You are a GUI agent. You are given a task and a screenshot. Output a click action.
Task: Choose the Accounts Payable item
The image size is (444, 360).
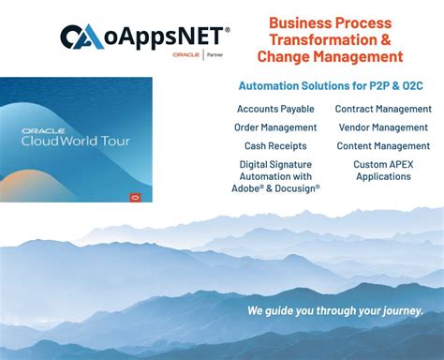click(x=276, y=109)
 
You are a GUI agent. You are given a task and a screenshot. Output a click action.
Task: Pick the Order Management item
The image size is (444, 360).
click(x=276, y=127)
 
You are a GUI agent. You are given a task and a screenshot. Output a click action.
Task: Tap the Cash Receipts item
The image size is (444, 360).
click(x=276, y=146)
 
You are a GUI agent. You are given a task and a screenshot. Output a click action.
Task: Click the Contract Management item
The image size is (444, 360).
click(x=383, y=109)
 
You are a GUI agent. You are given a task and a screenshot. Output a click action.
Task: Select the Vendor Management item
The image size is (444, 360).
click(x=383, y=127)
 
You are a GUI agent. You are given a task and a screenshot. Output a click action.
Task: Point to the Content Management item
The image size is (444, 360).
click(x=383, y=146)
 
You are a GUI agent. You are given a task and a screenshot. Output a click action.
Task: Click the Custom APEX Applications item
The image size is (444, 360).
click(x=383, y=170)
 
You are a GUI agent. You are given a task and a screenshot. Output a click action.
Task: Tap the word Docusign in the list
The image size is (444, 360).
click(x=298, y=187)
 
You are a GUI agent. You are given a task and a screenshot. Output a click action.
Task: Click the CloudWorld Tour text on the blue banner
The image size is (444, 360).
click(x=77, y=141)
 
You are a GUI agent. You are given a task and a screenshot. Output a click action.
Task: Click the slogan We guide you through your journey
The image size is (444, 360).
click(x=335, y=310)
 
